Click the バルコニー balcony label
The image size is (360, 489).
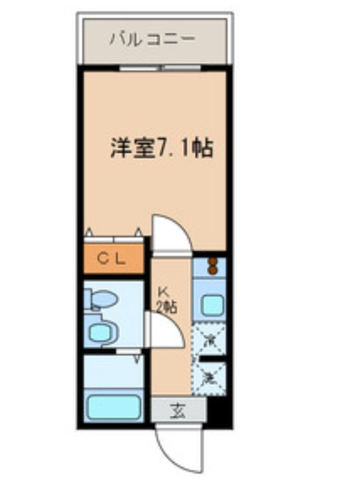point(152,39)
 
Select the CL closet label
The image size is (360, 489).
point(114,258)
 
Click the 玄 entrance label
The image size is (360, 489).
point(178,411)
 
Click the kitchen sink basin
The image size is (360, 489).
point(210,305)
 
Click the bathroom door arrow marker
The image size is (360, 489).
point(137,359)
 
